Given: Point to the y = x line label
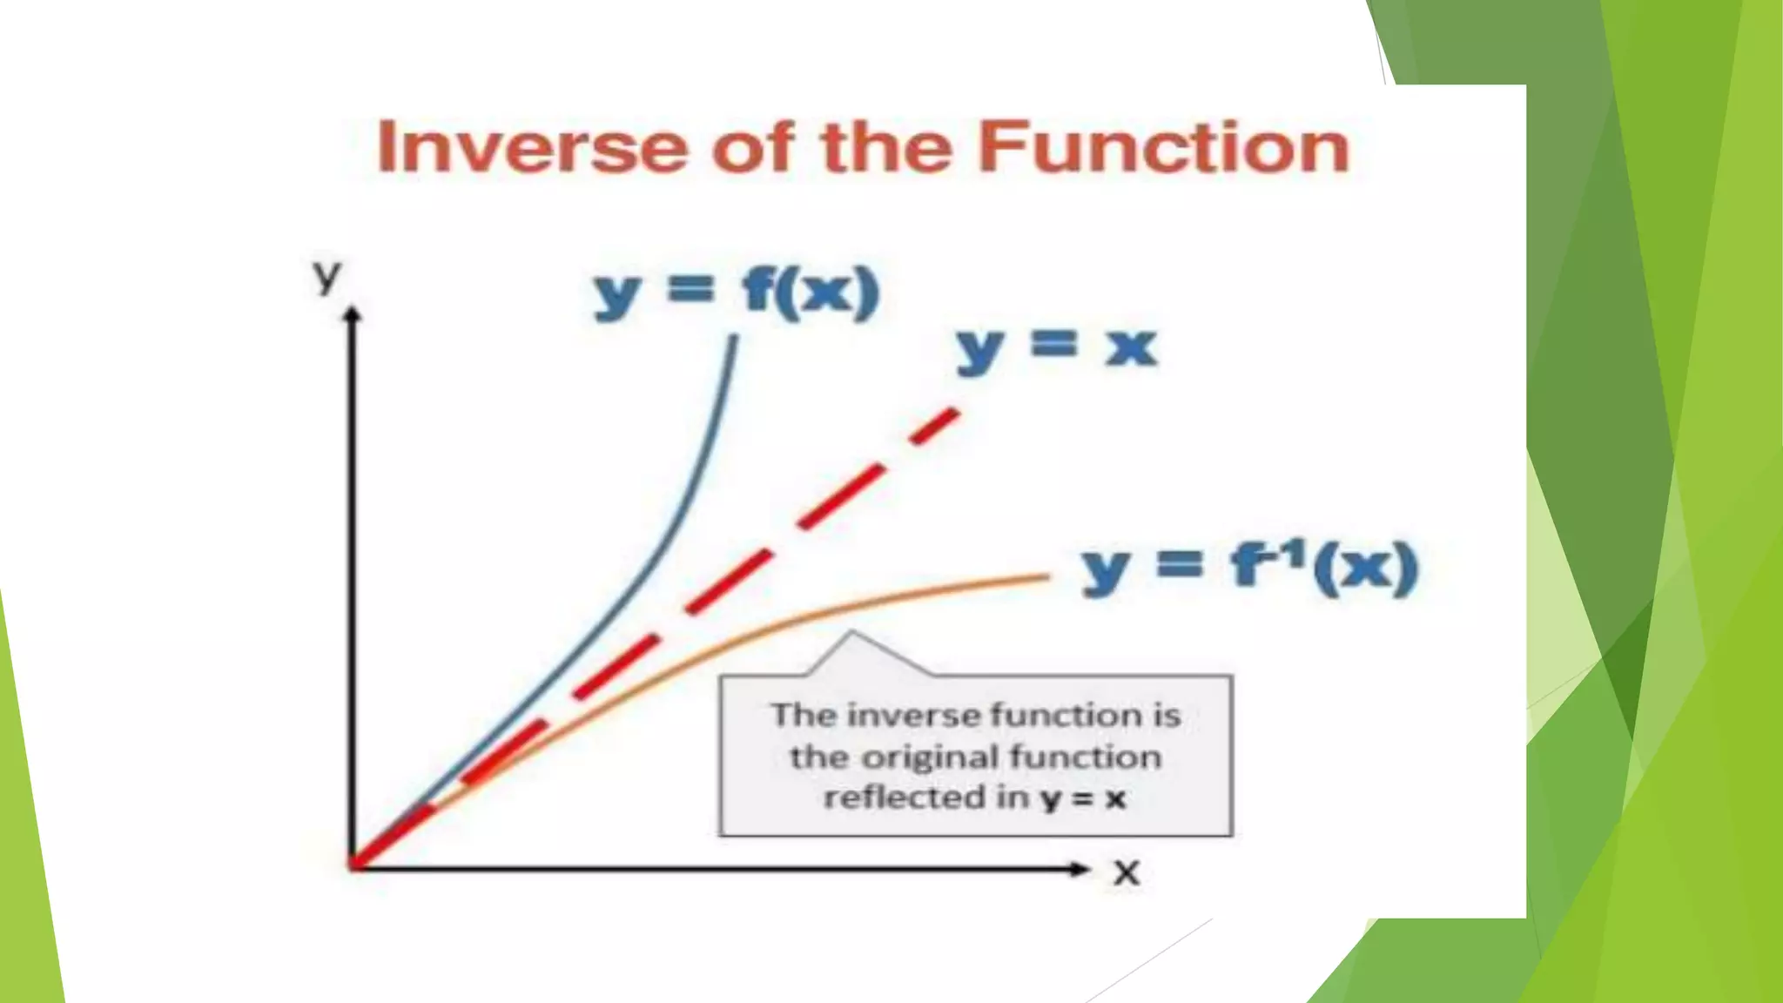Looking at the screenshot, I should click(1056, 348).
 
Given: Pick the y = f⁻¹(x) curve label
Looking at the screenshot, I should click(1250, 568).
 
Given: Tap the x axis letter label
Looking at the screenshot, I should click(1127, 872).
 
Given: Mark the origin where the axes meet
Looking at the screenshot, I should click(353, 866).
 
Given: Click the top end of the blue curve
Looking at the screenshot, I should click(734, 340).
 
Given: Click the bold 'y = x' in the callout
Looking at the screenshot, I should click(1083, 798).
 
